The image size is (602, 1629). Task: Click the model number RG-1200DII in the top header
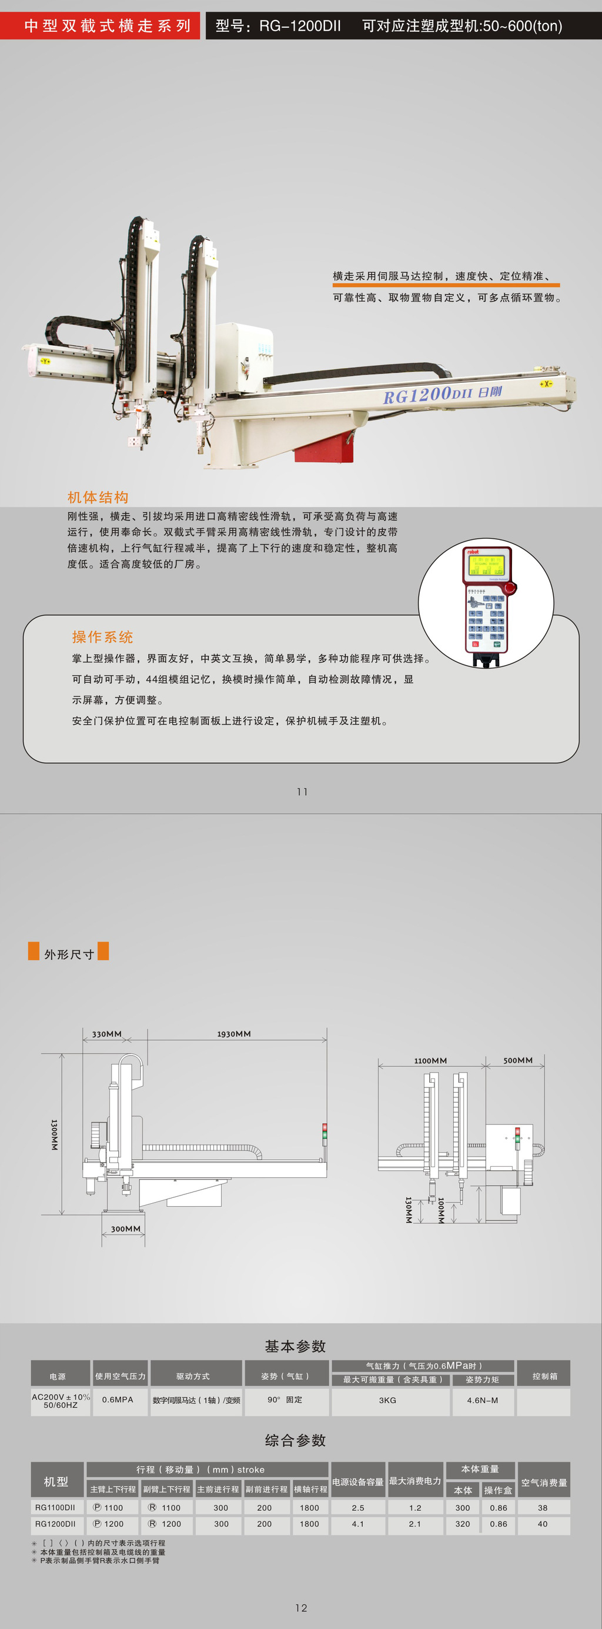(x=300, y=26)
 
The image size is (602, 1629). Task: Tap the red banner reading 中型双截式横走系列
(x=100, y=25)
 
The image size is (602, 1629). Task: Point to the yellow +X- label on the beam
(x=546, y=384)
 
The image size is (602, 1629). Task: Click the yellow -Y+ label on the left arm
(x=45, y=361)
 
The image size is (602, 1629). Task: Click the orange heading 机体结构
(x=98, y=497)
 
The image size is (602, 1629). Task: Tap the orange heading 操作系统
(x=102, y=637)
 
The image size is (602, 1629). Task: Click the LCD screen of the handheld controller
(x=486, y=565)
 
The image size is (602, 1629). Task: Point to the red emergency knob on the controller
(x=510, y=587)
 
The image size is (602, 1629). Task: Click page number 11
(x=302, y=792)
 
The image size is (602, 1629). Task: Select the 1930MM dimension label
(x=234, y=1034)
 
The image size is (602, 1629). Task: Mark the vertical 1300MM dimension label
(x=55, y=1134)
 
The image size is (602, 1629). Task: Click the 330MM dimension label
(x=107, y=1034)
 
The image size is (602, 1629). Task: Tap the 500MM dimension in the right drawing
(x=518, y=1060)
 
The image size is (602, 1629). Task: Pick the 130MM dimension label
(x=409, y=1209)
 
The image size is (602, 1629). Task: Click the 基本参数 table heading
(x=295, y=1346)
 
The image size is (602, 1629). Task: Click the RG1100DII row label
(x=55, y=1508)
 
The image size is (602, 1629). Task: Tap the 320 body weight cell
(x=463, y=1524)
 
